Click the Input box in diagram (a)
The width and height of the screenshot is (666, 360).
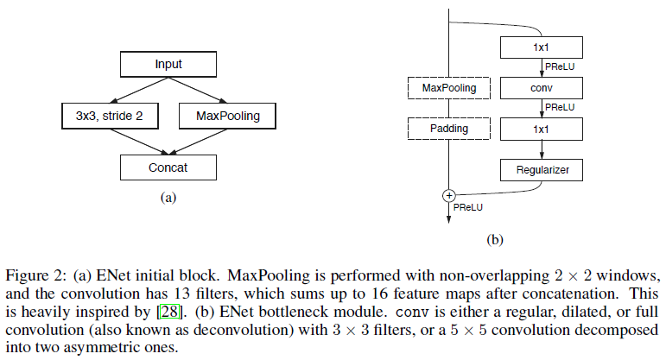click(x=168, y=65)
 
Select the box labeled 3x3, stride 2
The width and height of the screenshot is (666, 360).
click(x=103, y=115)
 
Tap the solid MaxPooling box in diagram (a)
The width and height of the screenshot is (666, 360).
click(x=228, y=115)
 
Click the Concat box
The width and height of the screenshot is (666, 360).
click(x=168, y=167)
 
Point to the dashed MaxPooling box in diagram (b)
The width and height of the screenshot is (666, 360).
click(x=448, y=88)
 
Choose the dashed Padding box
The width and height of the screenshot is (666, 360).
click(x=448, y=129)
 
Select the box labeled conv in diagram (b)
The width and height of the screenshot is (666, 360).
click(x=542, y=88)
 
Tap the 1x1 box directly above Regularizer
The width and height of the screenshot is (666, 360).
click(x=542, y=129)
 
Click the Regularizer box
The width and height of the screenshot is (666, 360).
click(x=542, y=170)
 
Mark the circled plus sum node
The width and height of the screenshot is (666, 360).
click(x=448, y=195)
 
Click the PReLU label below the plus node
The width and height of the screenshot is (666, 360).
click(x=467, y=207)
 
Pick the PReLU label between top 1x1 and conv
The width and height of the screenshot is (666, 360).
click(x=560, y=66)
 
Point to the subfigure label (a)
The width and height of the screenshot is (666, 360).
click(x=168, y=198)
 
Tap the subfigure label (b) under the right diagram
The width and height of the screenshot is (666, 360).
click(x=495, y=239)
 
